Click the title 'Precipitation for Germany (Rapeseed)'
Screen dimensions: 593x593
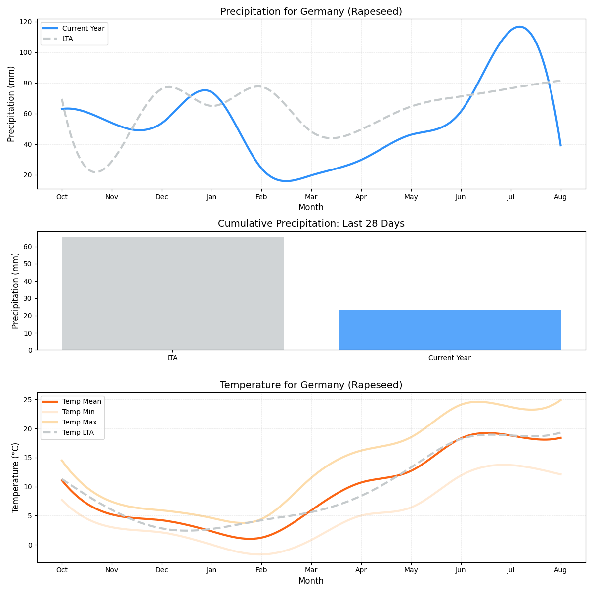click(311, 12)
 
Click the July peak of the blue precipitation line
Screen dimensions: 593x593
click(519, 27)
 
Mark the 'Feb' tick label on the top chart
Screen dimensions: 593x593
click(261, 197)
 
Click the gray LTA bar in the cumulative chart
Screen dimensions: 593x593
click(172, 293)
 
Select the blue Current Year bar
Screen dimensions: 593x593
click(450, 330)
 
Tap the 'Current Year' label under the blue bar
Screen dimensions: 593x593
click(450, 358)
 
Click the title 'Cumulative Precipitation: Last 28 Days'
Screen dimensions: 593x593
click(311, 224)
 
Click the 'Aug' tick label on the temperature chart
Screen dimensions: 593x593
click(560, 570)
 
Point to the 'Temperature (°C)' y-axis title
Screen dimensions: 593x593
click(16, 477)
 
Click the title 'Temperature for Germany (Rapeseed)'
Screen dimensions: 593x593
click(311, 385)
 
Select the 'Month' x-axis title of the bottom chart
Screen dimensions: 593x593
click(311, 581)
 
